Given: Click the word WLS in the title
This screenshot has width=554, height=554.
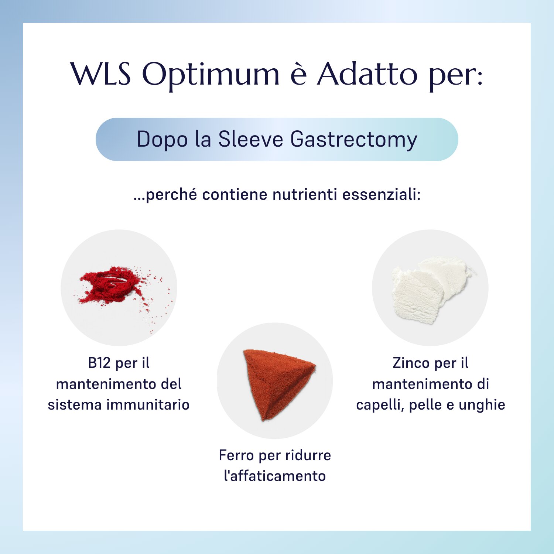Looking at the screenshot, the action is click(101, 73).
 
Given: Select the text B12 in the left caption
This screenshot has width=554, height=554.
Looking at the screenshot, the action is click(99, 363).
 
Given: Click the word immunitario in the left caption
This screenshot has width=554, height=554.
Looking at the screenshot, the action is click(148, 404).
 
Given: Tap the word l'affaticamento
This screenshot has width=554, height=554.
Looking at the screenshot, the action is click(275, 476).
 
